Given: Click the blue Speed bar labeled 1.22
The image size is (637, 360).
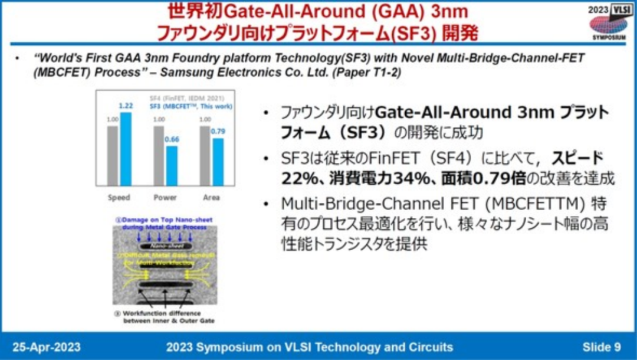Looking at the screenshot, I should coord(126,149).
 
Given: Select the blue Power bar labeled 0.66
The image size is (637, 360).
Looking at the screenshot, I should coord(172,166).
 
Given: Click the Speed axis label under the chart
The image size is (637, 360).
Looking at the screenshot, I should coord(119,197).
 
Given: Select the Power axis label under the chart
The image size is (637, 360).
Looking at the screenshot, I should coord(165,197).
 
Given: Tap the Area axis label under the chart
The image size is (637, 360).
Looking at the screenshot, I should coord(211,197).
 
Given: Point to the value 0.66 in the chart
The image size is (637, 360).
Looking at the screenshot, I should coord(172,139).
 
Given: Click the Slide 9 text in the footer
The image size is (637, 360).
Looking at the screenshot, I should coord(602,346).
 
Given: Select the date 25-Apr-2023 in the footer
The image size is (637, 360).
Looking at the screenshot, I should coord(46,346).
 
